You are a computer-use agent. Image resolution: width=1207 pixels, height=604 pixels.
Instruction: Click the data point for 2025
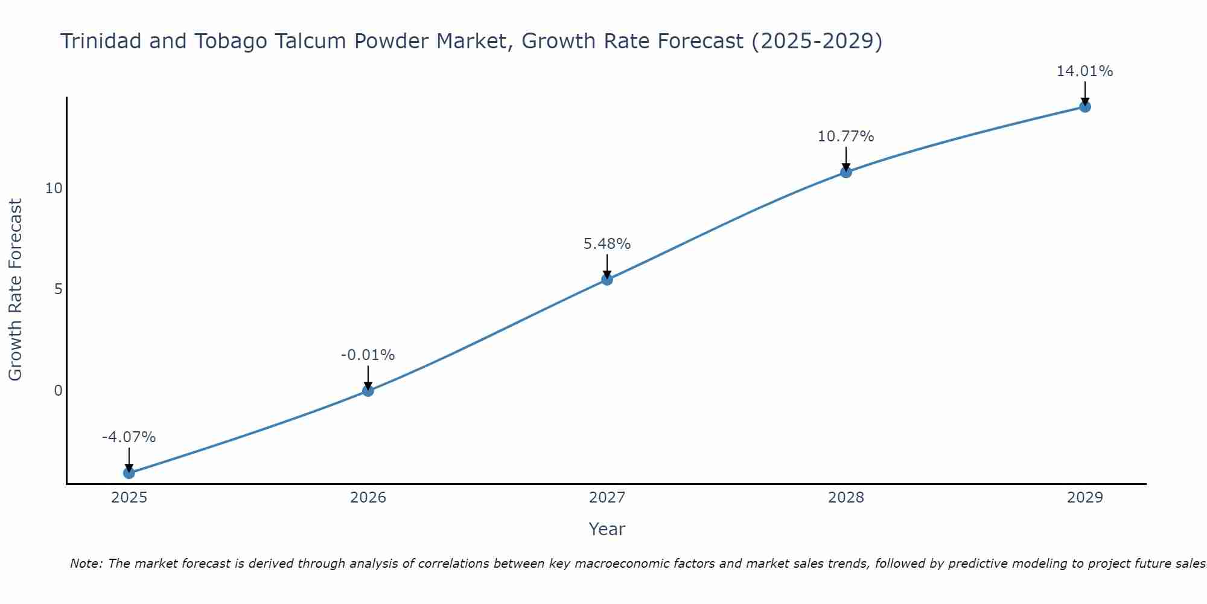coord(129,472)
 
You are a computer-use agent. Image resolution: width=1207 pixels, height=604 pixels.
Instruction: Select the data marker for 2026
coord(368,390)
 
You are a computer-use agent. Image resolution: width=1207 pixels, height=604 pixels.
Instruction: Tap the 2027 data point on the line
coord(607,279)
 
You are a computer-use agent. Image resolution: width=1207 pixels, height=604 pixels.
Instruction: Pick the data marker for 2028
coord(846,172)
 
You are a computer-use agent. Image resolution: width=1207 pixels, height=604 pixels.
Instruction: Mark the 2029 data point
coord(1085,107)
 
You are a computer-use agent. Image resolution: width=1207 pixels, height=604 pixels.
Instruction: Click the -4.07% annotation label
coord(129,437)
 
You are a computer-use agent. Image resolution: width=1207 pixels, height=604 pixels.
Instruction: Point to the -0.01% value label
coord(368,355)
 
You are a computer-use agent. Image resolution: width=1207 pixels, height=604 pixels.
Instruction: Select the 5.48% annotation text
coord(607,243)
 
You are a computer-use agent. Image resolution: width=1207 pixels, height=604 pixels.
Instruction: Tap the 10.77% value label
coord(846,137)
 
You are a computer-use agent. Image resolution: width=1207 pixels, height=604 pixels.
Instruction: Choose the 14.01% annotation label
coord(1084,71)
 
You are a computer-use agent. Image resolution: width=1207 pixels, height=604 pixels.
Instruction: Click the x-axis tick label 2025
coord(129,498)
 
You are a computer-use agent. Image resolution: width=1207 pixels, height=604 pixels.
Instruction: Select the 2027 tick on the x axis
coord(607,498)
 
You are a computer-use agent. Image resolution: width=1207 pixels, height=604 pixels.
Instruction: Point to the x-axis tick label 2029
coord(1085,498)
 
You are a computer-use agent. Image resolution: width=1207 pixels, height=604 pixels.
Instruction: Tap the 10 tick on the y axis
coord(54,188)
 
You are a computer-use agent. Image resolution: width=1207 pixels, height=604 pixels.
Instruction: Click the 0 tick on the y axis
coord(58,391)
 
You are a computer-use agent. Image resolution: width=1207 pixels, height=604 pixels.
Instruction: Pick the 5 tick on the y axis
coord(58,289)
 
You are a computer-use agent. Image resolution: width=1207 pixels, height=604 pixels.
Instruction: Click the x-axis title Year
coord(607,529)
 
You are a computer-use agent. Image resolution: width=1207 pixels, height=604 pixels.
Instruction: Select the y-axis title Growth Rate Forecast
coord(16,290)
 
